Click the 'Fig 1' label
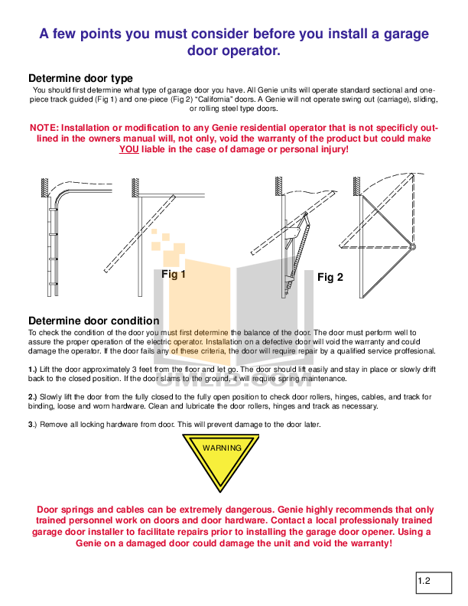(x=174, y=273)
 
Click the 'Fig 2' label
(x=330, y=277)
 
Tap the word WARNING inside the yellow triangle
(x=221, y=448)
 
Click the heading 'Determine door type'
(x=80, y=78)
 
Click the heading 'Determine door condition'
(x=93, y=321)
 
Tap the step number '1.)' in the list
(x=32, y=370)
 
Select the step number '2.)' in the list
(x=32, y=397)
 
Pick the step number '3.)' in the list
(x=32, y=425)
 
